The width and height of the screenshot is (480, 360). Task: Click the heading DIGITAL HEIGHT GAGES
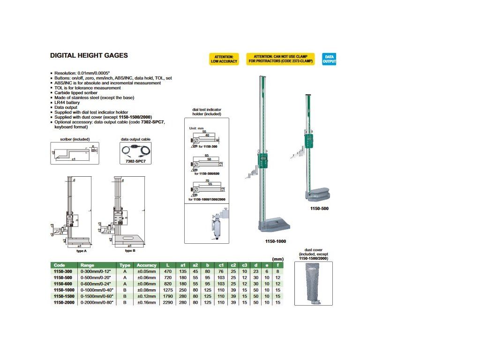click(x=89, y=55)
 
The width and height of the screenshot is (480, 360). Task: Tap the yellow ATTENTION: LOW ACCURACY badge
click(x=224, y=59)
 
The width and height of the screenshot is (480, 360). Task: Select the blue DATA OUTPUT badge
click(x=329, y=59)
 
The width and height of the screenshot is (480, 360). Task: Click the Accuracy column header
click(x=147, y=265)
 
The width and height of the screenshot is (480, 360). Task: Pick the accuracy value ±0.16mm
click(x=147, y=302)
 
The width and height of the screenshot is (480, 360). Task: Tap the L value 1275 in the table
click(x=168, y=290)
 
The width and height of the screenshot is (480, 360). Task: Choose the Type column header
click(x=125, y=265)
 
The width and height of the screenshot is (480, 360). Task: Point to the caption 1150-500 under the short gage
click(x=319, y=209)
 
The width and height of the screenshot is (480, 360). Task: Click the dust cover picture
click(x=313, y=283)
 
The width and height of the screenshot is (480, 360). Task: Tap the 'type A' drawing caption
click(x=81, y=251)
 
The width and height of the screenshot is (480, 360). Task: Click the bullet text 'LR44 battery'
click(x=67, y=102)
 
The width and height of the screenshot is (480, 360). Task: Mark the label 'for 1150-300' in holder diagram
click(x=209, y=147)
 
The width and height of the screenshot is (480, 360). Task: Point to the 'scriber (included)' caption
click(x=75, y=139)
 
